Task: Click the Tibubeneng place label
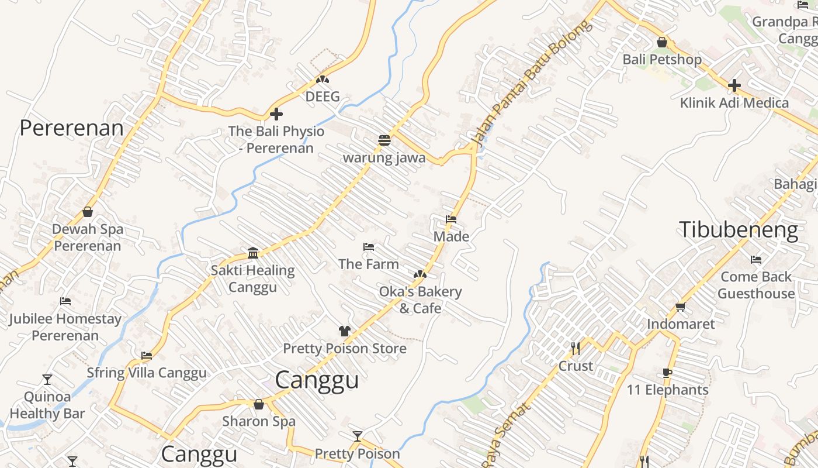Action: [738, 230]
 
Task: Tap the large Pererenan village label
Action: [72, 128]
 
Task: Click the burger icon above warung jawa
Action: [384, 140]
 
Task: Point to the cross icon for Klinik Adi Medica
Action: [734, 85]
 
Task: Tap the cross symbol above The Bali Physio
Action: [276, 113]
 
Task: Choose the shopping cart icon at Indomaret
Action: [680, 307]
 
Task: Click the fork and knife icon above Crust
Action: [576, 349]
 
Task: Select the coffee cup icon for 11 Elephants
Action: [667, 373]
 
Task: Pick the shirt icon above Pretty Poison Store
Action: [344, 331]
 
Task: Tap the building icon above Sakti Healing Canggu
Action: [253, 253]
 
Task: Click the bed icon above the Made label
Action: [451, 219]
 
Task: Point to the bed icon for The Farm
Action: [368, 247]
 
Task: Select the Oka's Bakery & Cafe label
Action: [420, 300]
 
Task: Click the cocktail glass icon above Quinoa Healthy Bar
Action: [47, 380]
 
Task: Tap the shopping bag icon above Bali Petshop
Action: [662, 42]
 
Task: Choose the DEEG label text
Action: [323, 97]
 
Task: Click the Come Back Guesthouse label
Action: [756, 285]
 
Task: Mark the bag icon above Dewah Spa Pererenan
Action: [88, 212]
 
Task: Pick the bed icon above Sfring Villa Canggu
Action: [147, 355]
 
